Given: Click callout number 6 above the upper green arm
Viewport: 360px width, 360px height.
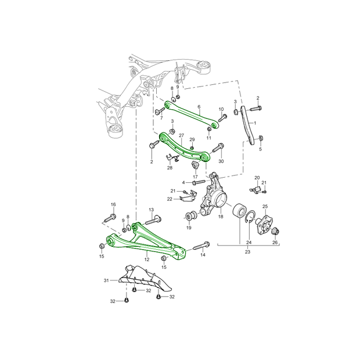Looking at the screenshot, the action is (x=199, y=107).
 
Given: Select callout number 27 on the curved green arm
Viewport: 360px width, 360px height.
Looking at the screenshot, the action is (x=181, y=135).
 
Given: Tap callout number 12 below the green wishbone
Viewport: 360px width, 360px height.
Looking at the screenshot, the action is (x=147, y=260).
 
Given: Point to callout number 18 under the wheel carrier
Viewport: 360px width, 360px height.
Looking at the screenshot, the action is (x=221, y=216).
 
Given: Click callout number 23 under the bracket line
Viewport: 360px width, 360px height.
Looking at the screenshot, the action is (x=247, y=252).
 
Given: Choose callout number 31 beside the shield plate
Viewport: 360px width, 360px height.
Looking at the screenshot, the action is (x=106, y=280).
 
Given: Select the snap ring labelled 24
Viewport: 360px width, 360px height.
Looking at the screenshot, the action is (x=250, y=217).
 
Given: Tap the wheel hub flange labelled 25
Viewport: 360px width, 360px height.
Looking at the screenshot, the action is (x=265, y=224).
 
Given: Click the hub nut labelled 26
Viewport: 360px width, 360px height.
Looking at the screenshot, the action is (x=275, y=232).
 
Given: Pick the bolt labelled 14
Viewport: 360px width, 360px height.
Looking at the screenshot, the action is (x=201, y=246).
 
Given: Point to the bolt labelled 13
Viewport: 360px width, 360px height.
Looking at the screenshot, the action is (x=153, y=219).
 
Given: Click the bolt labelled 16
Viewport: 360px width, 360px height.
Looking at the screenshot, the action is (x=109, y=218).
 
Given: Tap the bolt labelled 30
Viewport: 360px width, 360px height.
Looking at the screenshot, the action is (x=218, y=148).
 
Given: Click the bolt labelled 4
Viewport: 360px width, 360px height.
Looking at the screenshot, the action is (x=199, y=182).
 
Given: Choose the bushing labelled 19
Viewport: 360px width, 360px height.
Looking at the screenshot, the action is (x=190, y=216).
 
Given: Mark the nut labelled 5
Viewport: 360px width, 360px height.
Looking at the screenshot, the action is (x=260, y=138).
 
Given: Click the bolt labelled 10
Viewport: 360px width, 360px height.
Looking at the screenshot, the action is (x=222, y=118).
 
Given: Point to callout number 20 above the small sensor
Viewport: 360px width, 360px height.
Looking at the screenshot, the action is (x=257, y=178).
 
